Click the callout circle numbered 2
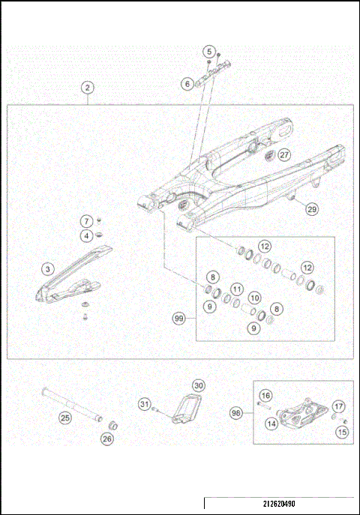point(88,88)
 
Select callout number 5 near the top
point(208,51)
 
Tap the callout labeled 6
point(187,84)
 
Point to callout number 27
point(283,155)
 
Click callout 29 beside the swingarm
point(311,210)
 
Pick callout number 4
point(87,236)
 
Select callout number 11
point(236,289)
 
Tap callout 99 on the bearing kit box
point(178,319)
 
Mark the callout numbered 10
point(254,298)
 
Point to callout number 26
point(107,439)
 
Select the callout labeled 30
point(198,385)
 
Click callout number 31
point(144,405)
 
